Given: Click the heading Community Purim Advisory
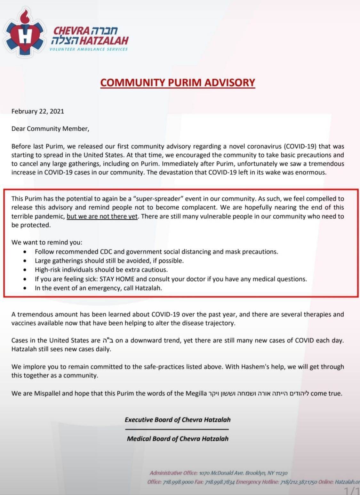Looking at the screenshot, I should pyautogui.click(x=178, y=82).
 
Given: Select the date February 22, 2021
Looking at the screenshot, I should pyautogui.click(x=38, y=111).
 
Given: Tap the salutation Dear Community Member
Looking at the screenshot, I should pyautogui.click(x=50, y=129).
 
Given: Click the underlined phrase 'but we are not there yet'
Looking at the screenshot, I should pyautogui.click(x=102, y=216).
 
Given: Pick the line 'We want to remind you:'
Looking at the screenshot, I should pyautogui.click(x=47, y=243).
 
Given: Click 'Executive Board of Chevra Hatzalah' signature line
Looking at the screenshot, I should pyautogui.click(x=178, y=419).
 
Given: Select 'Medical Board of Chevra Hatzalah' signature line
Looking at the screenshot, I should pyautogui.click(x=178, y=438).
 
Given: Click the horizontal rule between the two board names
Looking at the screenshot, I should pyautogui.click(x=177, y=429).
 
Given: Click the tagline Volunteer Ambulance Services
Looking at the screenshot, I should pyautogui.click(x=88, y=49).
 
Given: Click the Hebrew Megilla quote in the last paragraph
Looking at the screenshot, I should pyautogui.click(x=259, y=393).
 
